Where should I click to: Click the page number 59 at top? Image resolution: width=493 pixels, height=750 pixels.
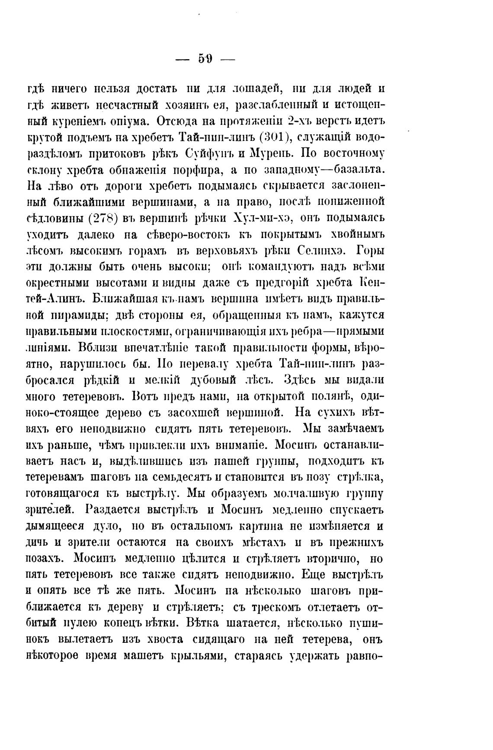(x=205, y=59)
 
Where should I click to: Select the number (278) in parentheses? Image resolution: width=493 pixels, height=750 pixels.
(x=101, y=218)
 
